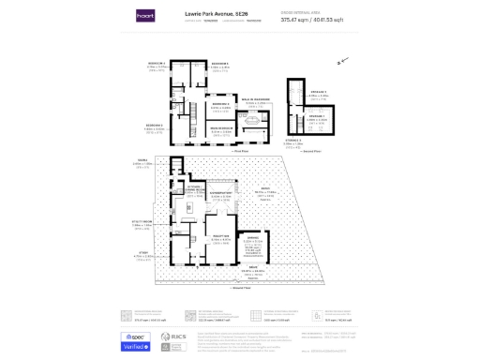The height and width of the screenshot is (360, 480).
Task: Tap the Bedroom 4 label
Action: (155, 66)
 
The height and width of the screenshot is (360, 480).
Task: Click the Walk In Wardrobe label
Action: (257, 99)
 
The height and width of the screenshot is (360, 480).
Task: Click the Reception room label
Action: (220, 238)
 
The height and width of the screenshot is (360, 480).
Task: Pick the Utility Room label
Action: (142, 222)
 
